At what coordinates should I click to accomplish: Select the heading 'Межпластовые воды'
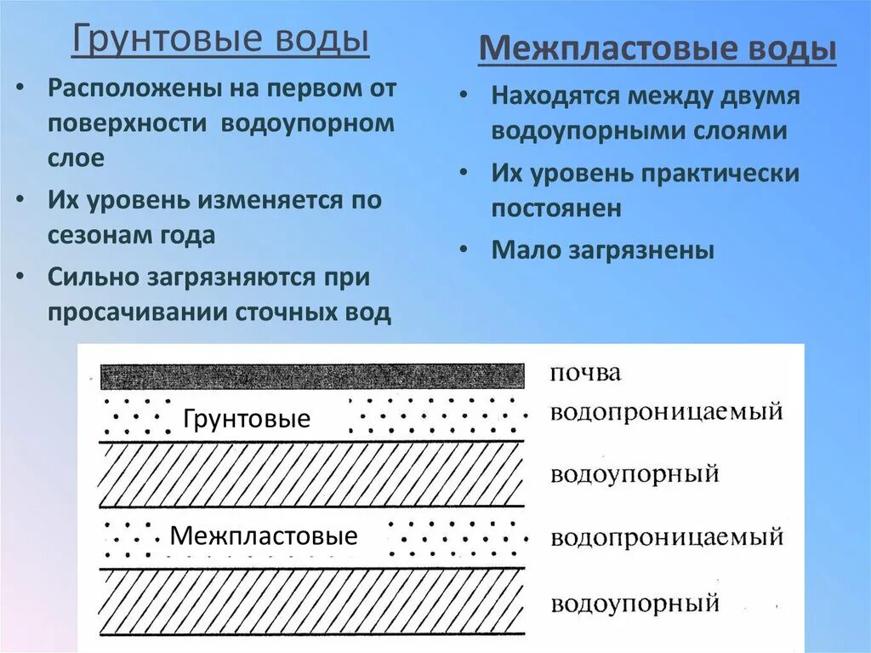click(658, 49)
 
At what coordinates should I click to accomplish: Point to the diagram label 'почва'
click(585, 373)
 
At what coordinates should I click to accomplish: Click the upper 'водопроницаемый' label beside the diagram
click(666, 413)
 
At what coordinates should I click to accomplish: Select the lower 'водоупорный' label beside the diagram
click(635, 604)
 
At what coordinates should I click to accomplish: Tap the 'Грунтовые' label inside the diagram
click(247, 419)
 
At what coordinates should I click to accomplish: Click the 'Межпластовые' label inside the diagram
click(264, 536)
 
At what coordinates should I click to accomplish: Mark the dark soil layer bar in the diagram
click(312, 376)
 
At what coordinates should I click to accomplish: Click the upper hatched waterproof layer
click(312, 474)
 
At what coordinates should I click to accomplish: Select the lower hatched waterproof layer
click(312, 602)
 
